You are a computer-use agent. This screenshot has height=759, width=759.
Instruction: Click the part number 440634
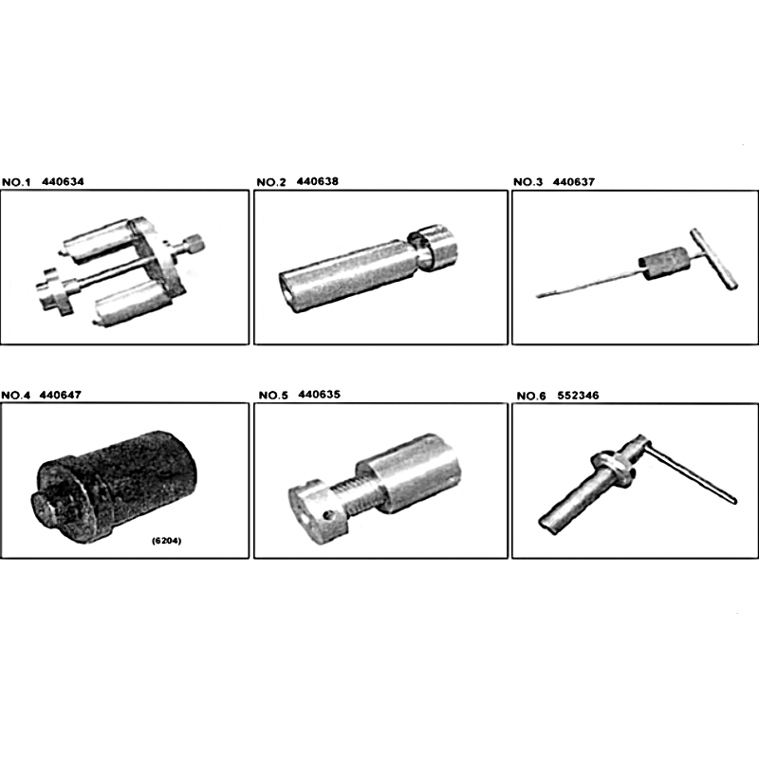tap(63, 182)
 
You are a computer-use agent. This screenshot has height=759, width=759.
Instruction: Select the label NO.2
tap(271, 182)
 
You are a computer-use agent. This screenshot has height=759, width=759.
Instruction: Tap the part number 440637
tap(574, 182)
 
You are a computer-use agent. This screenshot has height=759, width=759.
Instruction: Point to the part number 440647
tap(61, 395)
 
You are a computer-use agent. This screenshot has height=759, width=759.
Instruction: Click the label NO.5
tap(273, 396)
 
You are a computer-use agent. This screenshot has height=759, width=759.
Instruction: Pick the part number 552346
tap(578, 396)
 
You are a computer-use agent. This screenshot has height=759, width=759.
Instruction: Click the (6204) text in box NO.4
tap(167, 541)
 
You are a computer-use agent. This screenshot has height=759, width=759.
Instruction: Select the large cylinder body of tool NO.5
tap(409, 473)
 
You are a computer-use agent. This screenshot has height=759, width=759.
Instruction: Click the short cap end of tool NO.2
tap(433, 247)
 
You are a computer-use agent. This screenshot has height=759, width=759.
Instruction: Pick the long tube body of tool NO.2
tap(347, 276)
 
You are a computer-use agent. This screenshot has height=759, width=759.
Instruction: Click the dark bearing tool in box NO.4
tap(116, 487)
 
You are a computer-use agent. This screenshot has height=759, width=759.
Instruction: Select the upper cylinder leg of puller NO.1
tap(100, 240)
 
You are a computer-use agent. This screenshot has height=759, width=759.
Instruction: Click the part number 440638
tap(318, 181)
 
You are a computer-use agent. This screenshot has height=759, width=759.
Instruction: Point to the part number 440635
tap(320, 395)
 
